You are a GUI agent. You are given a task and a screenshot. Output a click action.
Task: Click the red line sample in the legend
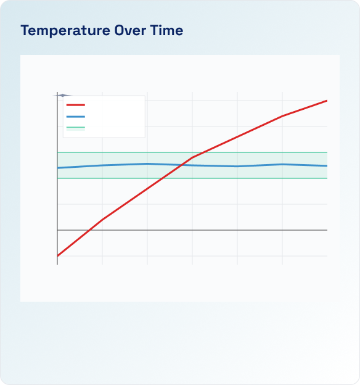(75, 105)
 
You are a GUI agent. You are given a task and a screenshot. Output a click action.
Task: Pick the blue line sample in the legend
(75, 117)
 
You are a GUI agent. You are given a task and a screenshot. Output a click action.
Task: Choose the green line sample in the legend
(75, 128)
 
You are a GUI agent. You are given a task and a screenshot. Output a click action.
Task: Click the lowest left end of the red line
(57, 255)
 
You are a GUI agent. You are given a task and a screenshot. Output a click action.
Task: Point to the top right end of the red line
(327, 101)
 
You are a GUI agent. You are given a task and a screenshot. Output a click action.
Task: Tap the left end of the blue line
(57, 168)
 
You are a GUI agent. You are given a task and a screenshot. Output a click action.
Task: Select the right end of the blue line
(327, 166)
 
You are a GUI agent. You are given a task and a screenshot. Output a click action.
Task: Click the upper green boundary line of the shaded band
(259, 152)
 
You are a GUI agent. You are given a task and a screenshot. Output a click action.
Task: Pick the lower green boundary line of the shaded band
(259, 178)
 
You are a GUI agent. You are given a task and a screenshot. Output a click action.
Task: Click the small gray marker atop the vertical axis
(62, 95)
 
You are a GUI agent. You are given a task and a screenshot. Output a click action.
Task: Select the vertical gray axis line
(57, 197)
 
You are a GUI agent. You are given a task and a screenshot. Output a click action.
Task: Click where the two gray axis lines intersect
(57, 230)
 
